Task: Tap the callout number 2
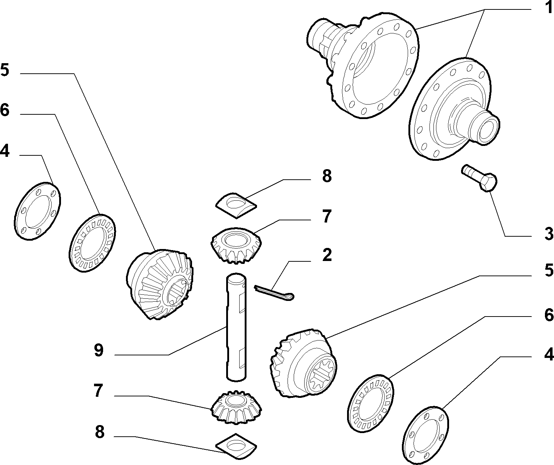point(327,255)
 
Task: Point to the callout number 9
point(98,350)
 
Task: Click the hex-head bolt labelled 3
point(479,178)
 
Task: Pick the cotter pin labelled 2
point(274,293)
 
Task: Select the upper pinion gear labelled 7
point(236,245)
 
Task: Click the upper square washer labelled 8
point(236,205)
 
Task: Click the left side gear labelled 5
point(160,284)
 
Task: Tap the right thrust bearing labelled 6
point(370,404)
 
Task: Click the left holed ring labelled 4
point(37,211)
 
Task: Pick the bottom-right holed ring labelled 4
point(425,435)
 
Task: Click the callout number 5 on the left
point(4,69)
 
